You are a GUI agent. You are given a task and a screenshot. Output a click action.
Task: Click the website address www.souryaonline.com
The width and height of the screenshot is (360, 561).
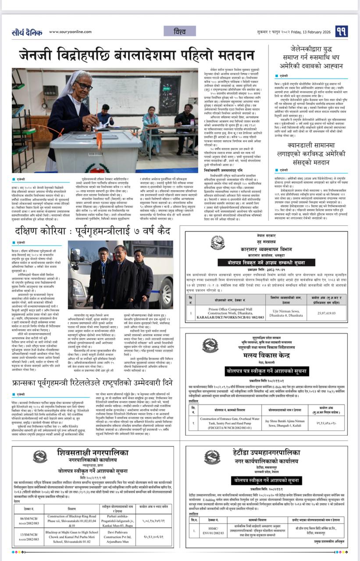[x=71, y=32]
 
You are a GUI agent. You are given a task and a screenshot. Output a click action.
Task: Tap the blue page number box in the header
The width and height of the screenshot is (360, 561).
[x=342, y=32]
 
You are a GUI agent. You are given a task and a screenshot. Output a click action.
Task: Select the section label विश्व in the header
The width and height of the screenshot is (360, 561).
[x=180, y=31]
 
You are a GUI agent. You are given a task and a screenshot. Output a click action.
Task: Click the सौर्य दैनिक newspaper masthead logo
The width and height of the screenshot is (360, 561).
[x=27, y=32]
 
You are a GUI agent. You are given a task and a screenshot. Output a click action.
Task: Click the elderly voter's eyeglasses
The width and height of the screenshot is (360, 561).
[x=83, y=86]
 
